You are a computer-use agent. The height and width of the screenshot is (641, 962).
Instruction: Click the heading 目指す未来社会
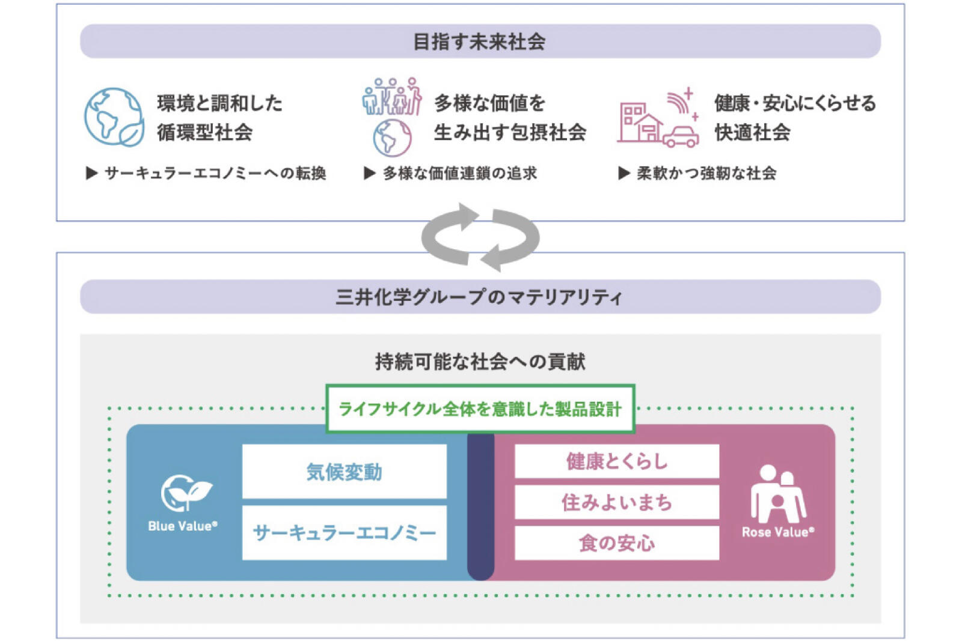(x=479, y=41)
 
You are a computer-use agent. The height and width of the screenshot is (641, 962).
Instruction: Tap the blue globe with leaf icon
(x=114, y=117)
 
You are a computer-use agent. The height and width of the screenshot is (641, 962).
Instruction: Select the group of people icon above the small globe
(x=392, y=96)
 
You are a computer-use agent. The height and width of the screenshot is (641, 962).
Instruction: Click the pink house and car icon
(x=658, y=120)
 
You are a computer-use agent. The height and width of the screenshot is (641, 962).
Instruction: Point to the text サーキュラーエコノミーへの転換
(x=215, y=174)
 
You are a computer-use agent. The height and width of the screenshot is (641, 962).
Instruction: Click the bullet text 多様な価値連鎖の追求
(x=459, y=174)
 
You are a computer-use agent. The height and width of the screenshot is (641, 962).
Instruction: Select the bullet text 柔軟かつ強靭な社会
(x=706, y=174)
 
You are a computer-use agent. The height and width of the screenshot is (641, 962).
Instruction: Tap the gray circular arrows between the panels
(x=480, y=237)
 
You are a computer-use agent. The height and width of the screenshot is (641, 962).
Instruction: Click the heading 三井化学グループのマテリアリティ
(x=479, y=297)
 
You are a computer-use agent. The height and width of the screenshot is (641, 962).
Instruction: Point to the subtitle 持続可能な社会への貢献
(x=480, y=361)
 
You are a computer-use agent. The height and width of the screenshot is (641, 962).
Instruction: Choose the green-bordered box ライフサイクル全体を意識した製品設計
(x=480, y=409)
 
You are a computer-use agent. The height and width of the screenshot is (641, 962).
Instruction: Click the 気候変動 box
(x=344, y=472)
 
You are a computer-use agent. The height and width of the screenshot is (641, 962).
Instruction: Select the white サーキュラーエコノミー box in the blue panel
(x=344, y=533)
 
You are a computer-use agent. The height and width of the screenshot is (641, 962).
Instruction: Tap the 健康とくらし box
(x=617, y=461)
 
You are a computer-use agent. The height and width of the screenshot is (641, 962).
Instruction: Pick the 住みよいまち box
(x=617, y=502)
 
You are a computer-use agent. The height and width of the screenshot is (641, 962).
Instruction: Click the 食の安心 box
(x=617, y=543)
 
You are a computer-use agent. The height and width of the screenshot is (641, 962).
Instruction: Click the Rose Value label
(x=777, y=532)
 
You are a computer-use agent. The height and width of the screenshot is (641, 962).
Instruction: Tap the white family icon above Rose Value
(x=777, y=494)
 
